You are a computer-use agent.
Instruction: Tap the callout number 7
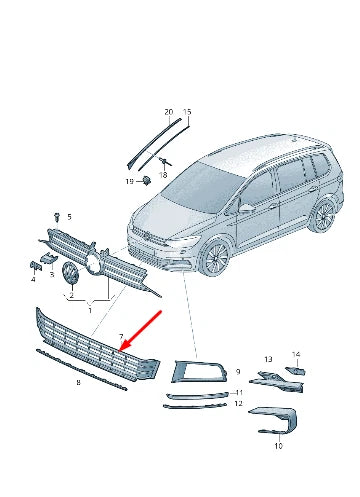(120, 339)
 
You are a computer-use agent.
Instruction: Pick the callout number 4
(33, 279)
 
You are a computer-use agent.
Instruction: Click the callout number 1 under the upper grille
(92, 310)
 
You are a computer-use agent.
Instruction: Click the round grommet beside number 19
(144, 180)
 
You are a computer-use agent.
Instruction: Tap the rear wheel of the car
(322, 216)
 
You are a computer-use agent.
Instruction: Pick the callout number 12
(238, 403)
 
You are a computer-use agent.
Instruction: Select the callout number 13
(267, 358)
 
